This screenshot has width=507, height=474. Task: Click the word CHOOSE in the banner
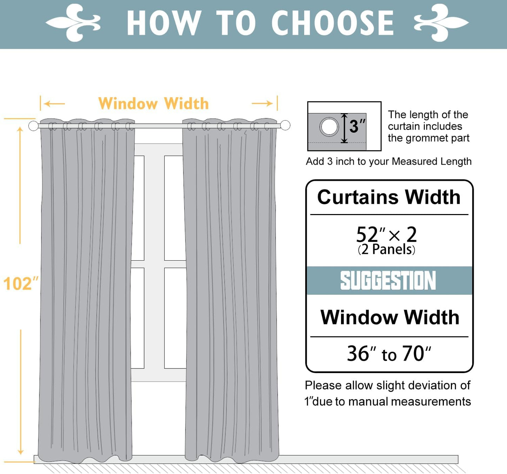point(332,23)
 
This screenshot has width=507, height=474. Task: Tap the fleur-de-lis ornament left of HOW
point(73,23)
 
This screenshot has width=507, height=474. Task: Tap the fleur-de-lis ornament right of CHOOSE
point(441,23)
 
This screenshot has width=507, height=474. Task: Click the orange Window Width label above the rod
point(153,104)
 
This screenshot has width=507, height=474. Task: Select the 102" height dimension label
point(20,283)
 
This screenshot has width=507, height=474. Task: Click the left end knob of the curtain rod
point(33,126)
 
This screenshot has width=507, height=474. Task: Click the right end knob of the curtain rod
point(285,125)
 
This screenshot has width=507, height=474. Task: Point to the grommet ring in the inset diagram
point(329,126)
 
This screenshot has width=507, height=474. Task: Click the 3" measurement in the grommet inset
point(357,126)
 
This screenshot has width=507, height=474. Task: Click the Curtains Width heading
point(389,197)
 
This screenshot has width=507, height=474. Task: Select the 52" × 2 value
point(386,234)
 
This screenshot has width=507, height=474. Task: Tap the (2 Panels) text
point(386,249)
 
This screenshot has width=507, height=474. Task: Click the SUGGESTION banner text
point(388,281)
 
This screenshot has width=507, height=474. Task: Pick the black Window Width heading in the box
point(389,317)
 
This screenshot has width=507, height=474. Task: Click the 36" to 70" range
point(389,353)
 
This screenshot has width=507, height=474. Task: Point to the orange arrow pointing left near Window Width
point(54,104)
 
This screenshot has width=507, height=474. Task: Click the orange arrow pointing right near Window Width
point(262,103)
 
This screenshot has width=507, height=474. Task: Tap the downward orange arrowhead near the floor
point(21,452)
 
